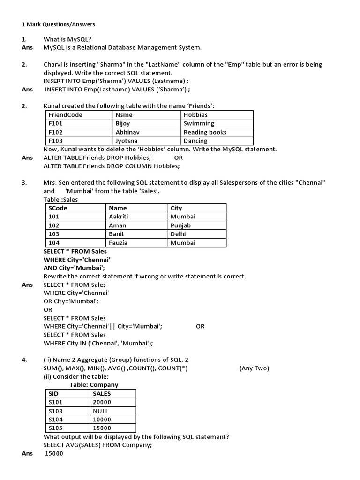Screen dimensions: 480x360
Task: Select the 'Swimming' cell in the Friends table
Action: (199, 123)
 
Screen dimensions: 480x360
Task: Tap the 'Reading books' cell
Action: (205, 132)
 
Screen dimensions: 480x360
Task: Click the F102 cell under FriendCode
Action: (55, 132)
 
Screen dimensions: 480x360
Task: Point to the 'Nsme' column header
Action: (124, 115)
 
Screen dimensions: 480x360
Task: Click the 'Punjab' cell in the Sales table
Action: (180, 225)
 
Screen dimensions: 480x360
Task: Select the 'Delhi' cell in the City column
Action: (178, 234)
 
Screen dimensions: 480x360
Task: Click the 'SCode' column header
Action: (58, 208)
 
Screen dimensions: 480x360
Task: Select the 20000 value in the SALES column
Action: (102, 402)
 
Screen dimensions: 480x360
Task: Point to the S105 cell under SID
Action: (55, 428)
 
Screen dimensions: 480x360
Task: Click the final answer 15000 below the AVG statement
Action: (54, 454)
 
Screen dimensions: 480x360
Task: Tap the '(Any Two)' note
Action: (254, 368)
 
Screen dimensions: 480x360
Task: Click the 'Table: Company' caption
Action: (94, 385)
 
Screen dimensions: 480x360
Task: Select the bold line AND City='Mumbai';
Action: (74, 268)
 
